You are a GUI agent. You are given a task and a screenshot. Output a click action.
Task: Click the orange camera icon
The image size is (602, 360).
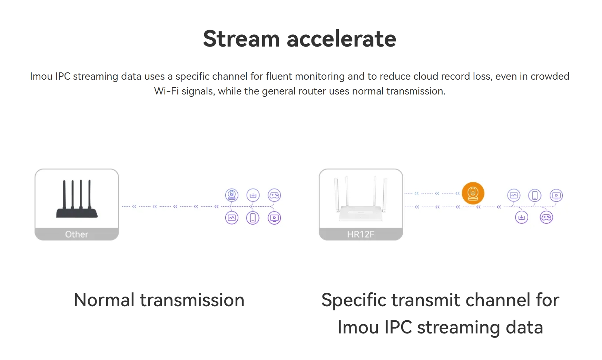pyautogui.click(x=473, y=193)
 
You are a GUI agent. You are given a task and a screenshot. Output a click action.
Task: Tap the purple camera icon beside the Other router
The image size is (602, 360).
pyautogui.click(x=232, y=195)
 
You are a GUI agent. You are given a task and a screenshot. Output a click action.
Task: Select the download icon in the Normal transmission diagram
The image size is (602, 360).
pyautogui.click(x=253, y=195)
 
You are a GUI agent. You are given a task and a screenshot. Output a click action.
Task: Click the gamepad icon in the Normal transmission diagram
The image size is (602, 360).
pyautogui.click(x=274, y=195)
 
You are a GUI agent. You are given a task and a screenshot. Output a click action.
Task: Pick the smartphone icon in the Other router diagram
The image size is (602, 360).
pyautogui.click(x=253, y=218)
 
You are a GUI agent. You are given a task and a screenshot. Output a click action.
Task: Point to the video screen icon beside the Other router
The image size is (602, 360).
pyautogui.click(x=274, y=218)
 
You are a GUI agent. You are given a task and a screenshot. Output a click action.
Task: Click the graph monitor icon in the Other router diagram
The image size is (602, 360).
pyautogui.click(x=232, y=218)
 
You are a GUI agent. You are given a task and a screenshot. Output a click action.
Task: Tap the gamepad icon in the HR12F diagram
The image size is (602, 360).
pyautogui.click(x=546, y=217)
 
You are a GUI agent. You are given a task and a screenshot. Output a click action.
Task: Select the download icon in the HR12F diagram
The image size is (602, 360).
pyautogui.click(x=522, y=217)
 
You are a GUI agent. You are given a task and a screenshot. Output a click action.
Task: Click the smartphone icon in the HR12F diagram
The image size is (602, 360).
pyautogui.click(x=535, y=196)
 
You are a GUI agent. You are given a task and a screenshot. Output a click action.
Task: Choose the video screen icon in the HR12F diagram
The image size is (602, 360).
pyautogui.click(x=556, y=196)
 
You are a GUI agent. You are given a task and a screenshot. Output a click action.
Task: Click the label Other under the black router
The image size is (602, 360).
pyautogui.click(x=77, y=234)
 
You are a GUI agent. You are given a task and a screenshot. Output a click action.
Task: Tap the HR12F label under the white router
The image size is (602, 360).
pyautogui.click(x=361, y=234)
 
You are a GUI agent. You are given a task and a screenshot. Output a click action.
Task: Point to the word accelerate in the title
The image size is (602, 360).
pyautogui.click(x=341, y=39)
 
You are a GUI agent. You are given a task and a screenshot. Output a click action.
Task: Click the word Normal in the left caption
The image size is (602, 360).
pyautogui.click(x=104, y=300)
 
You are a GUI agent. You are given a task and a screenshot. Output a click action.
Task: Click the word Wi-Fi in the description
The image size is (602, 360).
pyautogui.click(x=166, y=91)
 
